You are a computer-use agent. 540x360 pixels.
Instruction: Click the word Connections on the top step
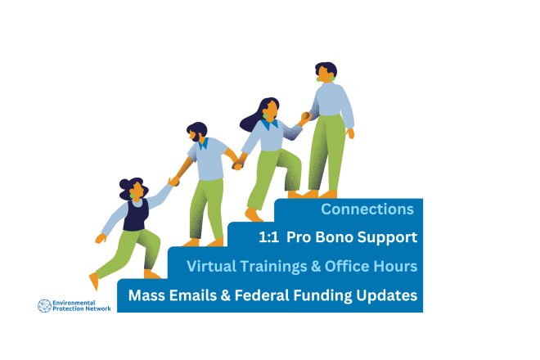coord(367,209)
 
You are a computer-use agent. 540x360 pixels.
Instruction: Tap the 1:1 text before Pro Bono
coord(268,237)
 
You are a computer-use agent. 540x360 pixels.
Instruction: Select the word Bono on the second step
coord(335,237)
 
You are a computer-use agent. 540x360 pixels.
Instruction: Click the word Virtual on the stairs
coord(211,266)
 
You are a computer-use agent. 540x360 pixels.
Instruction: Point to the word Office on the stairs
coord(347,266)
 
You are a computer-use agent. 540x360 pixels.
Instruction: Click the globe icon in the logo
coord(44,306)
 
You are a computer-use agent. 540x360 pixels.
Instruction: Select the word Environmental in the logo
coord(74,303)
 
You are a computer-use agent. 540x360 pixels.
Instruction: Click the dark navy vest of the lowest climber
coord(136,215)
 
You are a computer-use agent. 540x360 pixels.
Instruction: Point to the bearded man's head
coord(197,131)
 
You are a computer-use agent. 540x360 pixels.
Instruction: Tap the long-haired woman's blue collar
coord(269,124)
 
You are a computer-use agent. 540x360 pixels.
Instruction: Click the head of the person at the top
coord(326,71)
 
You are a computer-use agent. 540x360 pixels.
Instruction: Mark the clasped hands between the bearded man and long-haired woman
coord(237,166)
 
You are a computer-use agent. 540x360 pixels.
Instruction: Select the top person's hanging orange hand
coord(350,133)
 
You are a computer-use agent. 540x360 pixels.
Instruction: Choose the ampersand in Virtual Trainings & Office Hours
coord(316,267)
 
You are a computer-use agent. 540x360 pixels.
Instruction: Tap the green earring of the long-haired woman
coord(266,116)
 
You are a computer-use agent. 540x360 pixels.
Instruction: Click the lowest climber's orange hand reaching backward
coord(101,238)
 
